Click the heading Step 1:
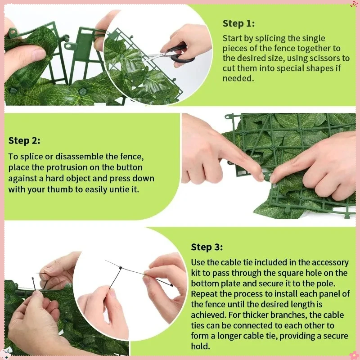tap(238, 23)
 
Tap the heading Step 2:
tap(24, 140)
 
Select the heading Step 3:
tap(207, 247)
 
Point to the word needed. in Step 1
tap(238, 78)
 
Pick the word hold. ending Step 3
tap(200, 346)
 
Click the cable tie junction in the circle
tap(121, 268)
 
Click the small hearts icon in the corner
tap(354, 4)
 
